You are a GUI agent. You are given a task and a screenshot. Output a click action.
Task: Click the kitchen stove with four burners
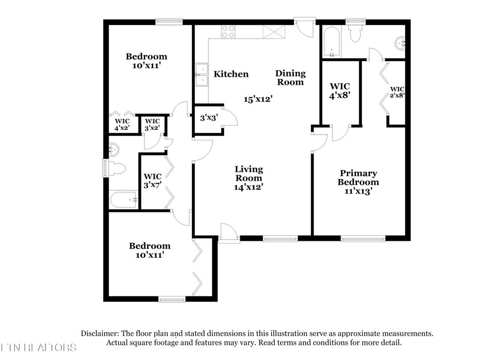pos(228,32)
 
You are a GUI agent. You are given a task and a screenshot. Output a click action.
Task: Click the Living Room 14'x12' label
pos(249,178)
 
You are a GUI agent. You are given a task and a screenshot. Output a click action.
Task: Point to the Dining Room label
pos(290,78)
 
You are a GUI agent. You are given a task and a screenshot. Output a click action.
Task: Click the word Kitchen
pos(231,74)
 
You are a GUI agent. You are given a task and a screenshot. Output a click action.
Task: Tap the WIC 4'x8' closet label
pos(340,91)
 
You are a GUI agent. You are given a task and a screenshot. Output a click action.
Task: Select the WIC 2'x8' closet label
pos(397,92)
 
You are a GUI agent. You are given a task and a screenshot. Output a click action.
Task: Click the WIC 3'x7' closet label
pos(152,181)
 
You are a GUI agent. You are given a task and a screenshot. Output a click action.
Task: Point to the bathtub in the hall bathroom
pos(123,200)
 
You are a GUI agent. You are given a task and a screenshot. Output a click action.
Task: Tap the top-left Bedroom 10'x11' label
pos(146,61)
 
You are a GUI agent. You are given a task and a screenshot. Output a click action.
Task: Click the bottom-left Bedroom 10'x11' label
pos(150,250)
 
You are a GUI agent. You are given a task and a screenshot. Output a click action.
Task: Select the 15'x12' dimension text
pos(258,99)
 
